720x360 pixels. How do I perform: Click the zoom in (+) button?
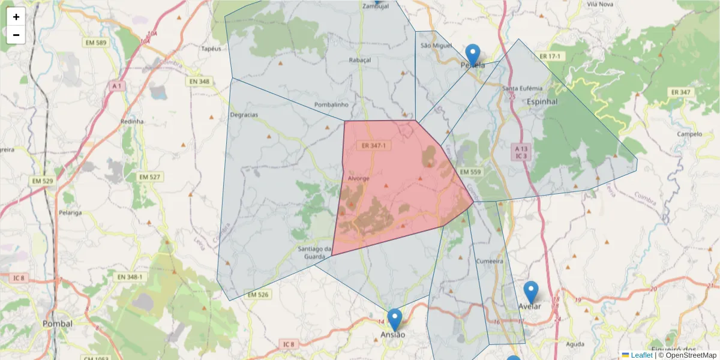pyautogui.click(x=16, y=17)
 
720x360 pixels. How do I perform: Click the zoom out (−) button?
pyautogui.click(x=16, y=35)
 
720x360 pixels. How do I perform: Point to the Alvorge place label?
pyautogui.click(x=358, y=179)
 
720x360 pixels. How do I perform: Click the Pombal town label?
pyautogui.click(x=58, y=323)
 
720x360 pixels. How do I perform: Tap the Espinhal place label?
pyautogui.click(x=542, y=102)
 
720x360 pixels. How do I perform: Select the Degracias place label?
pyautogui.click(x=244, y=115)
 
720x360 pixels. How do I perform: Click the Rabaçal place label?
pyautogui.click(x=360, y=60)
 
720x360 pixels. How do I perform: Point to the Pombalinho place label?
pyautogui.click(x=332, y=104)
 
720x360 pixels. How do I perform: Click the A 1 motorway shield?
pyautogui.click(x=116, y=86)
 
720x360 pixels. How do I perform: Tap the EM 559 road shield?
pyautogui.click(x=470, y=172)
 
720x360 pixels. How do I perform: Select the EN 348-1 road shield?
pyautogui.click(x=130, y=277)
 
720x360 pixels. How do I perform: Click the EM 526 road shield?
pyautogui.click(x=257, y=295)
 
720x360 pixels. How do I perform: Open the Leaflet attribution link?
pyautogui.click(x=641, y=355)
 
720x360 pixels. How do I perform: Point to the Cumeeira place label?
pyautogui.click(x=488, y=262)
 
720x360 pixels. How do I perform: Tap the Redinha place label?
pyautogui.click(x=132, y=121)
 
